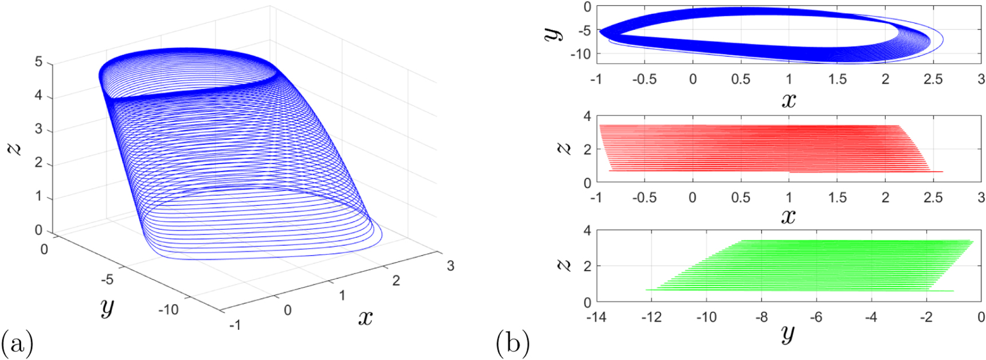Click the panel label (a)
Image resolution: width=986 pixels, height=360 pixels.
click(17, 344)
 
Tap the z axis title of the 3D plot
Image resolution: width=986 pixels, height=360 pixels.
click(15, 147)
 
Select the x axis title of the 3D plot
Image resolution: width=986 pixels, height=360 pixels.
click(365, 317)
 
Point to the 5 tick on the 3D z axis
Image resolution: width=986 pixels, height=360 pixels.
click(38, 61)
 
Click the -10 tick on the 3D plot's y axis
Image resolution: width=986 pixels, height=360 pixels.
click(169, 310)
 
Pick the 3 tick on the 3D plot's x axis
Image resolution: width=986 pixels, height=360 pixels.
click(451, 266)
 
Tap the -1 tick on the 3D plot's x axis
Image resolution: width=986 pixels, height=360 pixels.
click(234, 325)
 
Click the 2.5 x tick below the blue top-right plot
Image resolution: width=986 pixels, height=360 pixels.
click(933, 79)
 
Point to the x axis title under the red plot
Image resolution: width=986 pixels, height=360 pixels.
click(788, 216)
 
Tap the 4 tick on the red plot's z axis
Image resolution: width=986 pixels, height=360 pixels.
click(586, 116)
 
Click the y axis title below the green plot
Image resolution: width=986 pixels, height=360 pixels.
click(788, 333)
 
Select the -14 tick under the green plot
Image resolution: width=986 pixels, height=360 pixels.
click(596, 317)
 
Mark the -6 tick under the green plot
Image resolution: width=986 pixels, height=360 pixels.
click(816, 317)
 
